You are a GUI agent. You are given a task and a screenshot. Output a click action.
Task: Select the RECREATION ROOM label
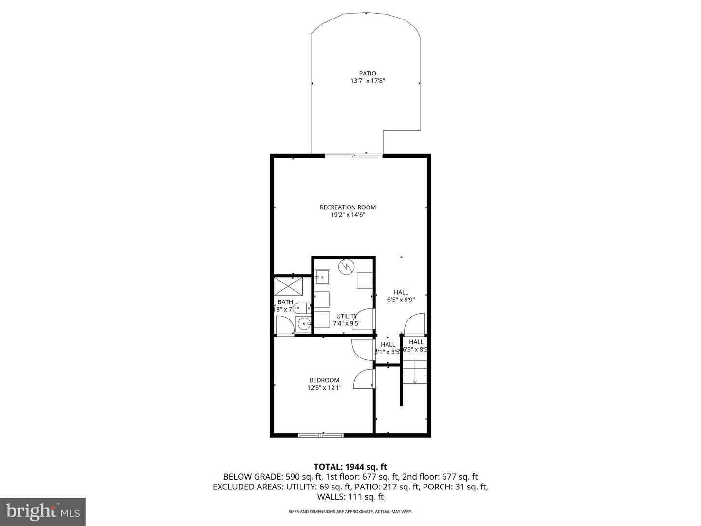point(348,207)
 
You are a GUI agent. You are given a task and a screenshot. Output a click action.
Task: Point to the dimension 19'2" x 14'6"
point(348,215)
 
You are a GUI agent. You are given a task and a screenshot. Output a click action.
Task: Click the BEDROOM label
point(324,380)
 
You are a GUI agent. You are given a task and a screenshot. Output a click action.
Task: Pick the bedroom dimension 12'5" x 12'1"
point(324,388)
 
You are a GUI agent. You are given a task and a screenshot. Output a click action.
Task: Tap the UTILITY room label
point(346,316)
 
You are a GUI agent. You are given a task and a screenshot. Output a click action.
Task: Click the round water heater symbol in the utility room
point(347,266)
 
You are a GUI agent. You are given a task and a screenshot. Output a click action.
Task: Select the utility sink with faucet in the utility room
point(321,278)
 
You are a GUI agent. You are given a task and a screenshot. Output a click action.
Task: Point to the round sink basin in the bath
point(304,322)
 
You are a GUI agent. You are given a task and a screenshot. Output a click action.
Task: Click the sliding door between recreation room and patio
point(354,156)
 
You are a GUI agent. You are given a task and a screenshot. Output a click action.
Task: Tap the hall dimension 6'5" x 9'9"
point(401,300)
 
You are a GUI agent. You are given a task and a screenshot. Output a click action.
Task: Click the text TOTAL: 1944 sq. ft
point(350,467)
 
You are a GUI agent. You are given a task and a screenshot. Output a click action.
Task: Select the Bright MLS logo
point(42,511)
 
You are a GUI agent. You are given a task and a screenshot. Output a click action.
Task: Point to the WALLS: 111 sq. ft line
point(350,497)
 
